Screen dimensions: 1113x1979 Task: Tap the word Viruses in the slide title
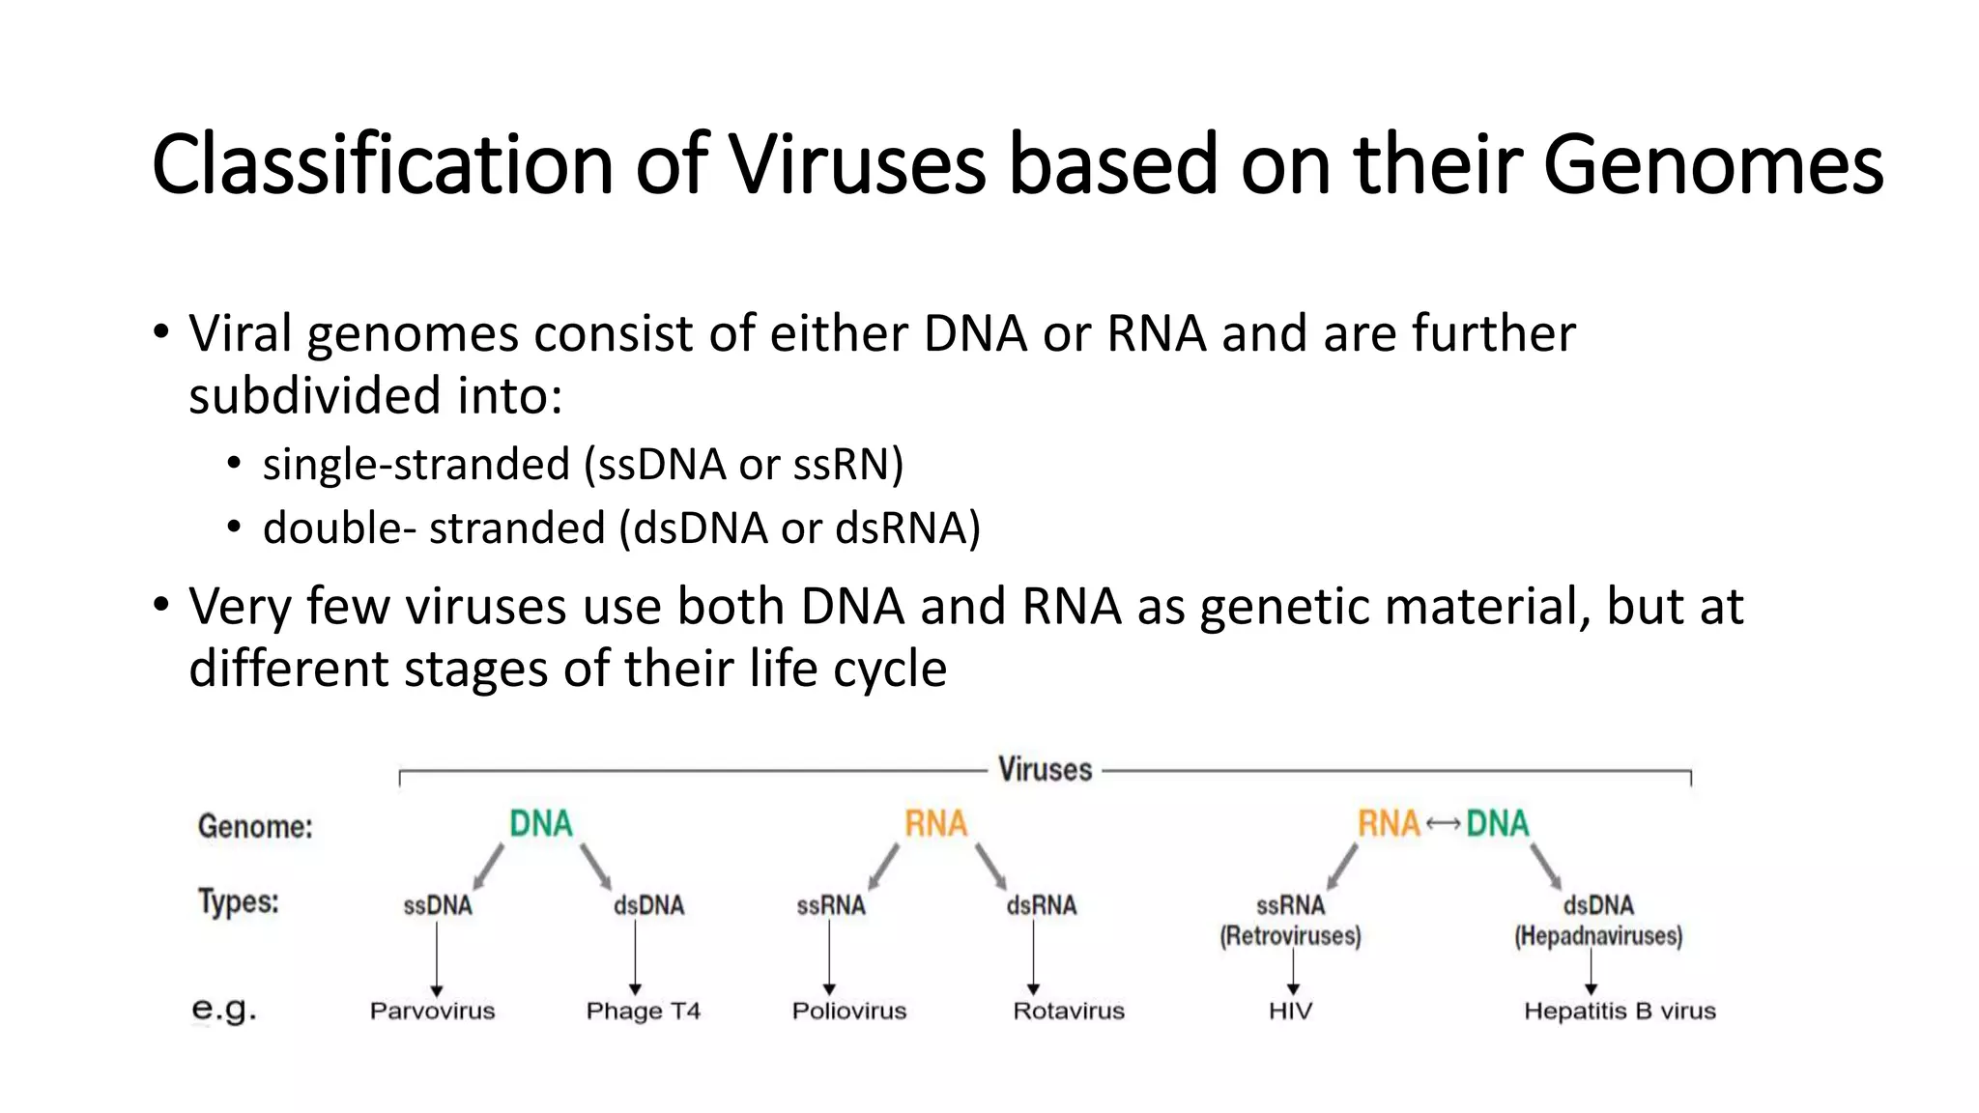856,164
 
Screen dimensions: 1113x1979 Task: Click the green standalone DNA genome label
541,824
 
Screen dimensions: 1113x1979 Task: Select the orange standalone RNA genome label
935,824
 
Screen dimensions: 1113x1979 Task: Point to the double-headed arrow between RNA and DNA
1443,824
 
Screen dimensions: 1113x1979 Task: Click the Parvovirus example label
432,1012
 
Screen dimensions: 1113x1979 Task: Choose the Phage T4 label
643,1012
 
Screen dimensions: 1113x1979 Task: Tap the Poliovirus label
849,1012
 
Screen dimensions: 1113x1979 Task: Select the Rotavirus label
1069,1012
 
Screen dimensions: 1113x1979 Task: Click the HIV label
1290,1012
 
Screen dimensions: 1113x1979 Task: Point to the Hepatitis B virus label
1620,1012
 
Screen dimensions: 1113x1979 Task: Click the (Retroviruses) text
1290,936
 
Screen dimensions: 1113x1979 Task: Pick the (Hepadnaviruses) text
1598,936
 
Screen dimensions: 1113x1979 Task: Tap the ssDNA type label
438,906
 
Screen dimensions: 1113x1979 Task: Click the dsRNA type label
1041,906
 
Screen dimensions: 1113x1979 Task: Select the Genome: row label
255,827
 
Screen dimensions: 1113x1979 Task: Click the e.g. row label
224,1009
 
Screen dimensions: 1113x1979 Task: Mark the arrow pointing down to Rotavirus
1033,956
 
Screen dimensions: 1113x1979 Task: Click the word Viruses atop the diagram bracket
1045,770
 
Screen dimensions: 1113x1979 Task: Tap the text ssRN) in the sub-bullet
848,465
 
